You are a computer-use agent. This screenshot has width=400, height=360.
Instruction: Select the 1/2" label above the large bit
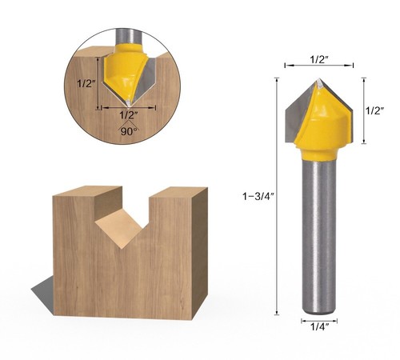(x=318, y=59)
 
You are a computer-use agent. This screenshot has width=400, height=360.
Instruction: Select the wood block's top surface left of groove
(x=84, y=193)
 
